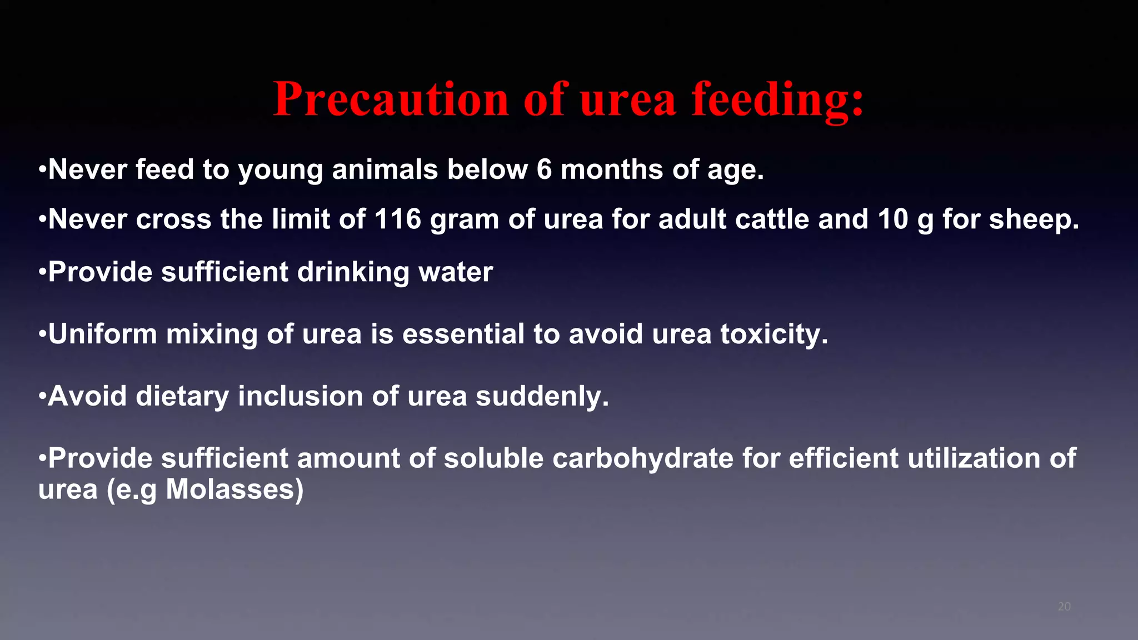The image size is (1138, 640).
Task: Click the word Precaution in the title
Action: tap(391, 99)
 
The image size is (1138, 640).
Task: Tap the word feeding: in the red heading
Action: tap(778, 99)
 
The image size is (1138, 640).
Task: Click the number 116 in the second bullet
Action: tap(397, 219)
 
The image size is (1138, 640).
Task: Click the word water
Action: tap(456, 272)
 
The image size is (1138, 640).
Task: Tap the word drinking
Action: tap(353, 272)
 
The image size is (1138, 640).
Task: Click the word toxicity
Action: tap(774, 334)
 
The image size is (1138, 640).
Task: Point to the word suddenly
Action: tap(542, 396)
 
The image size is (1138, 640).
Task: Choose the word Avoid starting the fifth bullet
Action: tap(87, 396)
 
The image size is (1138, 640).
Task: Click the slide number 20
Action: tap(1064, 607)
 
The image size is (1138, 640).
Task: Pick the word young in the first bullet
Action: tap(280, 170)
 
